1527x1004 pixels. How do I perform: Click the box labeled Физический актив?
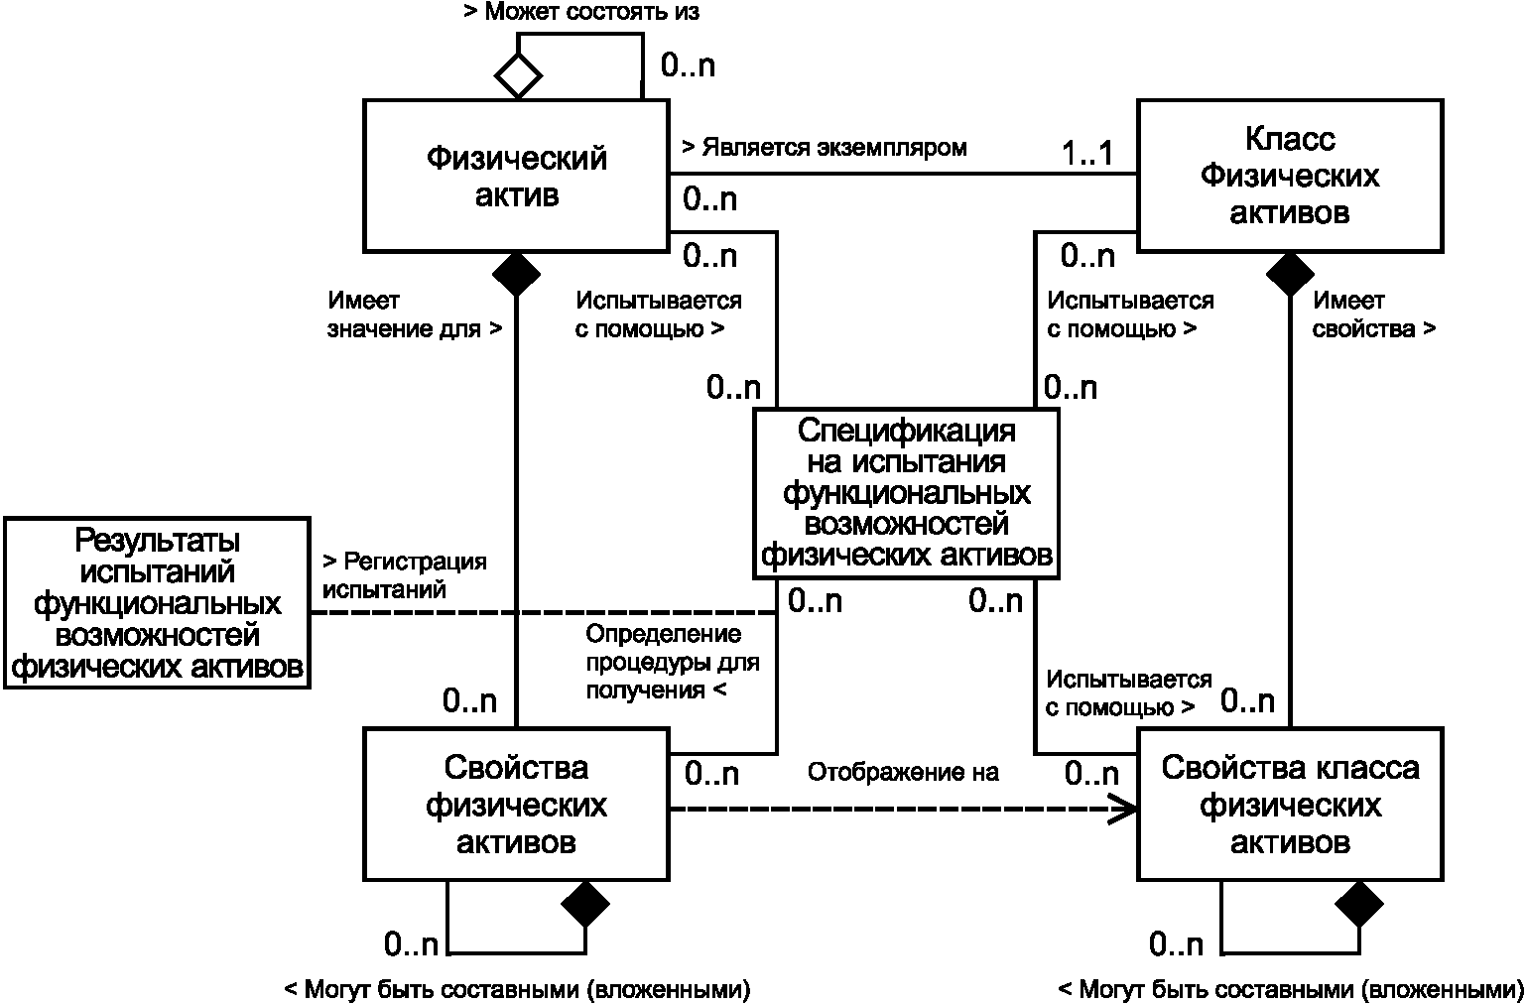click(x=515, y=175)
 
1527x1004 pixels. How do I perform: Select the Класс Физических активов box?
click(x=1289, y=175)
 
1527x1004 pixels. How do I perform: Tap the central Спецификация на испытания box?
click(x=906, y=493)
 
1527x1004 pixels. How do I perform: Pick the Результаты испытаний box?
click(x=157, y=602)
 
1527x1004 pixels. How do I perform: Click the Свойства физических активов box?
click(x=515, y=805)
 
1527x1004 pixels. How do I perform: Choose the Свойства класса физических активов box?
click(x=1289, y=805)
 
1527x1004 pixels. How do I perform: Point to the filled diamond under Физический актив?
click(x=516, y=274)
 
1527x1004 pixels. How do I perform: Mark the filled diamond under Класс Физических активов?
click(x=1290, y=274)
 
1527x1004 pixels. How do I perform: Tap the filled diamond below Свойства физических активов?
click(x=585, y=903)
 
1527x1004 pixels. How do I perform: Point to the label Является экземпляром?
click(x=824, y=148)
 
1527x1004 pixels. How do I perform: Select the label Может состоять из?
click(x=581, y=13)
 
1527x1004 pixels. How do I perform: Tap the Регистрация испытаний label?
click(x=405, y=575)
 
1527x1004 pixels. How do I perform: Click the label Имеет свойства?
click(x=1373, y=314)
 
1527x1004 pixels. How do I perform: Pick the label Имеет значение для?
click(x=415, y=314)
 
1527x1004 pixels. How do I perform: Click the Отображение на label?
click(x=902, y=772)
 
